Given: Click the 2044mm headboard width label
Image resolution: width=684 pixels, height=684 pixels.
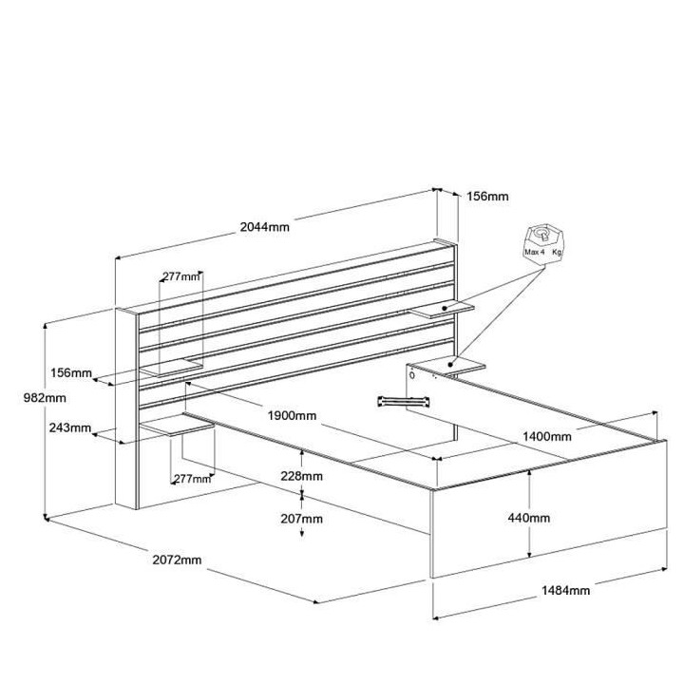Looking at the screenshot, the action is [265, 227].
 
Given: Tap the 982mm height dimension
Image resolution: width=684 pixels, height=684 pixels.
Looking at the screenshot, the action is [45, 398].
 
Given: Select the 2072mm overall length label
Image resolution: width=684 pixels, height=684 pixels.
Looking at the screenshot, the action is [177, 560].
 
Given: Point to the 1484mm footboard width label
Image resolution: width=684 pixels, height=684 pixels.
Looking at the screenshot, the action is [566, 590].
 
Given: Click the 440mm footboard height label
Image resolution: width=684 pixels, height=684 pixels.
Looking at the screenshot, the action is [529, 518].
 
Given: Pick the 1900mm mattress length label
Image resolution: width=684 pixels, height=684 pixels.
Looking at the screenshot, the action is [292, 415].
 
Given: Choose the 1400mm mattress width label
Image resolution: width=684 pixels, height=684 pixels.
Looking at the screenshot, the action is [547, 436].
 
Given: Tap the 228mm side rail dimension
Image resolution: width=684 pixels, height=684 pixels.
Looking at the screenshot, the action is [301, 476].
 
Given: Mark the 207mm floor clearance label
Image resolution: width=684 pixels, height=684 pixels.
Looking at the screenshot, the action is [301, 519].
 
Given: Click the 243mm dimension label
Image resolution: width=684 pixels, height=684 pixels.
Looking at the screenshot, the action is [69, 427].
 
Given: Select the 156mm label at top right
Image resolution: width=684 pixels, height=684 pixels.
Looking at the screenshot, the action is [487, 197].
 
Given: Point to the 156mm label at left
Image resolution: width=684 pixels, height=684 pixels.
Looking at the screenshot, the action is [71, 373].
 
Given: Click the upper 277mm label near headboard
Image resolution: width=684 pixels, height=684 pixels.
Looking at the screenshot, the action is [181, 276].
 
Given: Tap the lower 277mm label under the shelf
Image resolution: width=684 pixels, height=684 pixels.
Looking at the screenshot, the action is [192, 479].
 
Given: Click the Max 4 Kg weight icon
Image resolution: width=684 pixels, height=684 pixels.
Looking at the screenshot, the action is [543, 245].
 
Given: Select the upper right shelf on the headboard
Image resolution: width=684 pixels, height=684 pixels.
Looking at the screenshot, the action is [442, 310].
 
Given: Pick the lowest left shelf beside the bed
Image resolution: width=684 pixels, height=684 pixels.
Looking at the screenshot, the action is [177, 425].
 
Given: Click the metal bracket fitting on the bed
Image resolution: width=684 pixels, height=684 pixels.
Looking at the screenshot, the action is [404, 401].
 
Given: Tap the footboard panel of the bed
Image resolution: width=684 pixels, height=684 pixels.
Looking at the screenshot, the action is [549, 508].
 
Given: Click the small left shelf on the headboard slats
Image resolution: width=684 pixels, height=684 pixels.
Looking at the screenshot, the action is [171, 368].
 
